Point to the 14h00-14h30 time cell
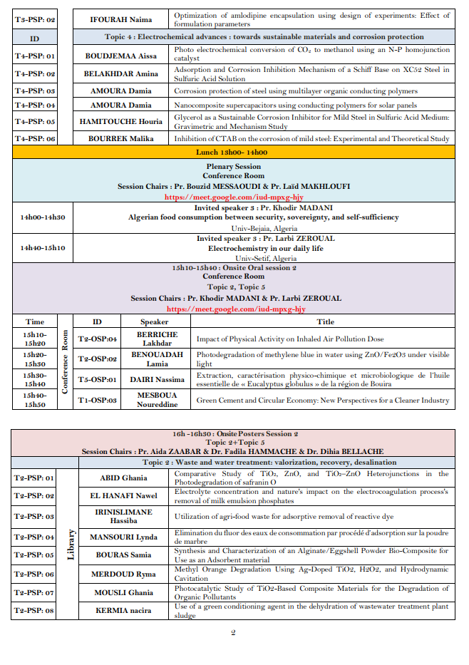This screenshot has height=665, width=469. [42, 217]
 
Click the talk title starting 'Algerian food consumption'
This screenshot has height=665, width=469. [265, 217]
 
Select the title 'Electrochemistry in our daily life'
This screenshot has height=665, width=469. [265, 248]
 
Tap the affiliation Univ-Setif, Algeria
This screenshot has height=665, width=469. [265, 258]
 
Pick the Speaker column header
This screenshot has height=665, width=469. [154, 321]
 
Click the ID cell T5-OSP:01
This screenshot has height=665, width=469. [98, 380]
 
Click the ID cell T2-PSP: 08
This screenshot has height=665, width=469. [35, 610]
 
